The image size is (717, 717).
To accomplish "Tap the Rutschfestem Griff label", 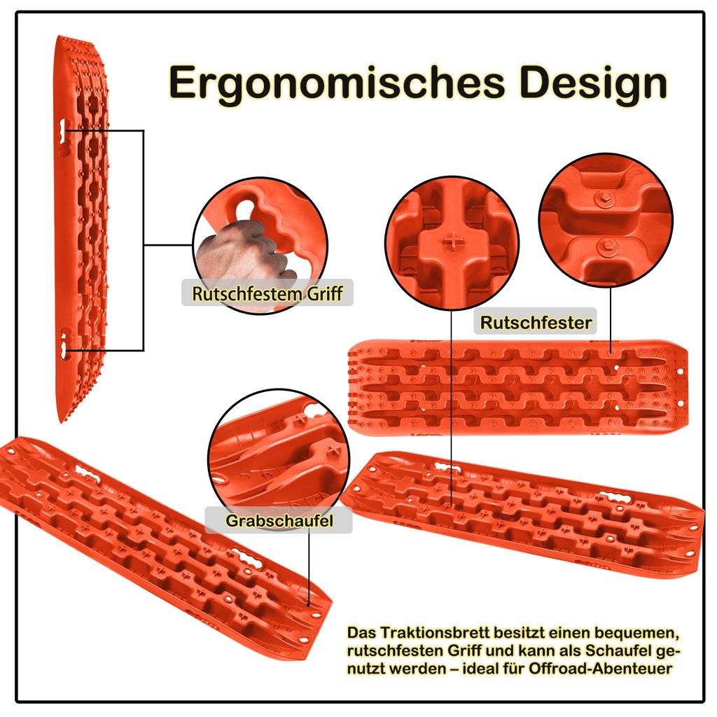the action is [x=267, y=293].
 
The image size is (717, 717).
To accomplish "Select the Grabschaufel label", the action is [x=279, y=520].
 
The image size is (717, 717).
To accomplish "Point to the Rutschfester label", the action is [x=536, y=322].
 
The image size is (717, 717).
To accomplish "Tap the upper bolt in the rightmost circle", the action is [x=605, y=198].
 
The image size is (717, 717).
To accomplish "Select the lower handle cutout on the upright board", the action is [x=66, y=344].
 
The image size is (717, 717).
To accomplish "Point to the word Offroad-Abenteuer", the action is [x=600, y=669].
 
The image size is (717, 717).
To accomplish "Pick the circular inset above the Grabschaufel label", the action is [x=279, y=457].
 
